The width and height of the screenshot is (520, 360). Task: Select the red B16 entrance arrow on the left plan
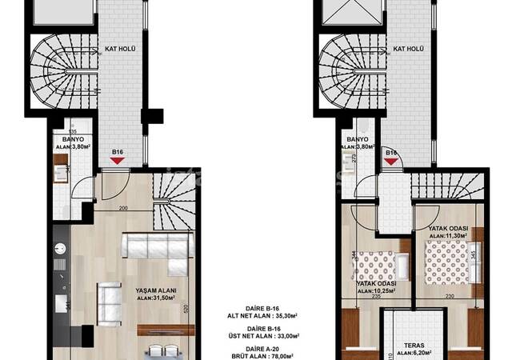(118, 161)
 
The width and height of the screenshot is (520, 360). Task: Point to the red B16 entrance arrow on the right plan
(392, 162)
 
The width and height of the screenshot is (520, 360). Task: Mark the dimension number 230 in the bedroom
(450, 298)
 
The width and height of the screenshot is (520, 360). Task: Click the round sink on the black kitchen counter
(60, 247)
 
